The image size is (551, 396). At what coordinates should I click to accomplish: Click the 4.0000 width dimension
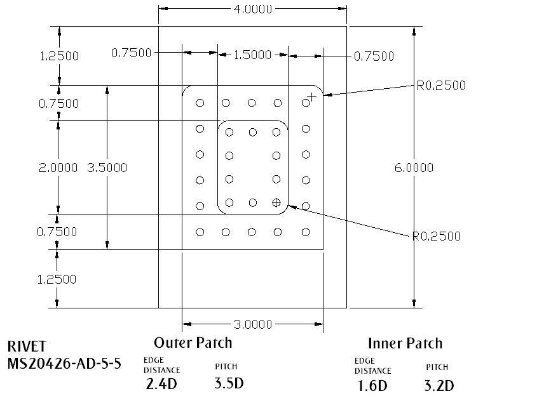pos(253,9)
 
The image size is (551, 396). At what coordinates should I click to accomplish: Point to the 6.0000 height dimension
pos(414,168)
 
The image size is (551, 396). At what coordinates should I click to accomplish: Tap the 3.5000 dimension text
pos(107,168)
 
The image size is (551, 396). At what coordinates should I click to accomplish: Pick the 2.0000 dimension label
pos(58,168)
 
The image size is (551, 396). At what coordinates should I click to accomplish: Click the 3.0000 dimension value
pos(253,325)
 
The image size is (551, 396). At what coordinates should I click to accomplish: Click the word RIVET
pos(27,346)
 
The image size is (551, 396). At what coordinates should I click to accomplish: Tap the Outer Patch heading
pos(193,343)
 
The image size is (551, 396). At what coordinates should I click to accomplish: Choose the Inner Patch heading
pos(404,343)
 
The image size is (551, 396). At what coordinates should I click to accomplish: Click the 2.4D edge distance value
pos(161,383)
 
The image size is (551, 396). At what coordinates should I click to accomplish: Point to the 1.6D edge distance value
pos(371,385)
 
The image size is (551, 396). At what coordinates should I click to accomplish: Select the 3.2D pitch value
pos(439,385)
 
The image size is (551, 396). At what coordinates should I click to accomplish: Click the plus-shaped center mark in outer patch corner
pos(311,97)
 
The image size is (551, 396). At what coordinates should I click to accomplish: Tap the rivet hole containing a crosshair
pos(276,202)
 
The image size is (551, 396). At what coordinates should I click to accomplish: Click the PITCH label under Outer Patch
pos(227,367)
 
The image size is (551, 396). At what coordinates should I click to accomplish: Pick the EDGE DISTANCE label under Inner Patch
pos(372,366)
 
